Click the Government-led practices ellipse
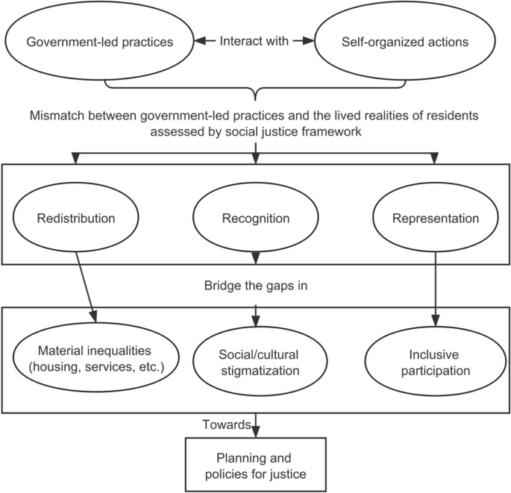click(99, 42)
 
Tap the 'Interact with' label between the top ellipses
click(254, 42)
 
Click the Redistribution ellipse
click(78, 219)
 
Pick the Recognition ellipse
click(255, 219)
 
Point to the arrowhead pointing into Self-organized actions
click(307, 42)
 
